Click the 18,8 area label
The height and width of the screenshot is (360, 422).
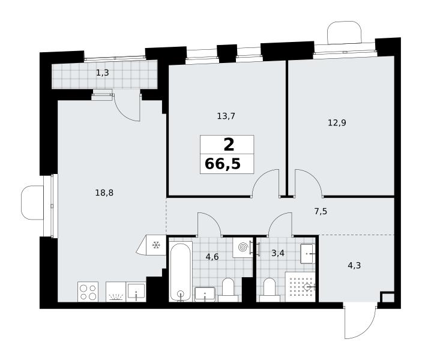(104, 193)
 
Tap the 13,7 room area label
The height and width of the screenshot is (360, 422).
(226, 116)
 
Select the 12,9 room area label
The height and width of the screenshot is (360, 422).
(337, 123)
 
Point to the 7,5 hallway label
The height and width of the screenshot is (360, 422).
(321, 211)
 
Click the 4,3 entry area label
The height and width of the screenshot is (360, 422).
(354, 266)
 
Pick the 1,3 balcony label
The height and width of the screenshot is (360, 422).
(103, 73)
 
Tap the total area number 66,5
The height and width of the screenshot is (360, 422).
(223, 164)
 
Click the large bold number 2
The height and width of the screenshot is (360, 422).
(229, 145)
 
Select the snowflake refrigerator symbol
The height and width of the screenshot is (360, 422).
(155, 245)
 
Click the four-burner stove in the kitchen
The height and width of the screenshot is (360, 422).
(88, 292)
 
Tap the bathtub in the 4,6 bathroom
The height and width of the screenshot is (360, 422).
(181, 271)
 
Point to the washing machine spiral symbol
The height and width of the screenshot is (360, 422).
(243, 247)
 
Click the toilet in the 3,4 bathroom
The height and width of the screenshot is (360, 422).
(270, 290)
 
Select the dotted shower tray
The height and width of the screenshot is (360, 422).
(300, 287)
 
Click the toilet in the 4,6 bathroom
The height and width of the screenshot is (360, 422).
(228, 290)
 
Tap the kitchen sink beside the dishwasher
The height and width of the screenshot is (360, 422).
(136, 292)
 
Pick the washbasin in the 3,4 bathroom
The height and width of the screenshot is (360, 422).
(307, 254)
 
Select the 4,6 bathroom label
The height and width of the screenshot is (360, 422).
(212, 257)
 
